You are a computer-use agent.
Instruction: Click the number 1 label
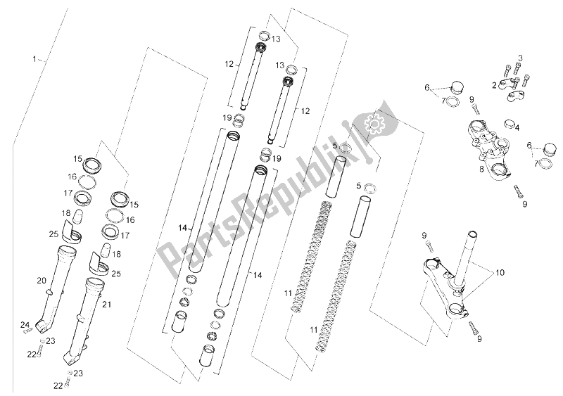(34, 58)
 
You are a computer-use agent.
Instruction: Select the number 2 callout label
(495, 85)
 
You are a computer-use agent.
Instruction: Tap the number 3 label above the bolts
(520, 58)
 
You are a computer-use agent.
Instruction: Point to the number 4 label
(517, 127)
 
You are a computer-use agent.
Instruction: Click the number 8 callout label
(481, 169)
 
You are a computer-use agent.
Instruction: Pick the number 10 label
(500, 272)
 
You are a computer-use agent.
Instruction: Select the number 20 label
(42, 280)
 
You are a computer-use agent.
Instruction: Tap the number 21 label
(107, 305)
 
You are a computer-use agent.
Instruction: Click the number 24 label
(25, 325)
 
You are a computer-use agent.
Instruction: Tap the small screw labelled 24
(26, 332)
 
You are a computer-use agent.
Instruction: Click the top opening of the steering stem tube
(472, 236)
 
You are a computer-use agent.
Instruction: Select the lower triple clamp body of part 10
(445, 287)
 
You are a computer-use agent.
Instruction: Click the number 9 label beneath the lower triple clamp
(479, 338)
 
